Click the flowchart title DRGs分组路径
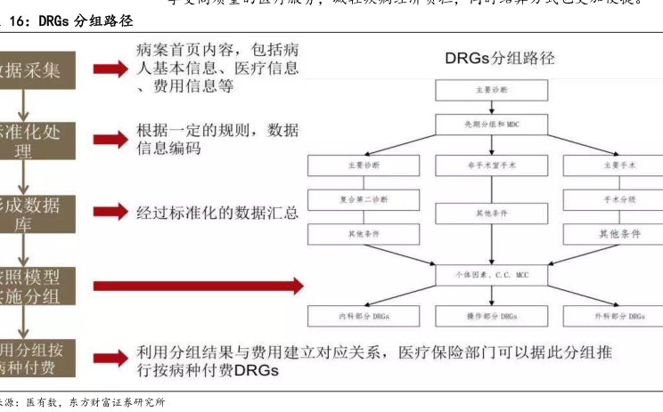coord(499,59)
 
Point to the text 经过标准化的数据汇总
coord(217,213)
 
